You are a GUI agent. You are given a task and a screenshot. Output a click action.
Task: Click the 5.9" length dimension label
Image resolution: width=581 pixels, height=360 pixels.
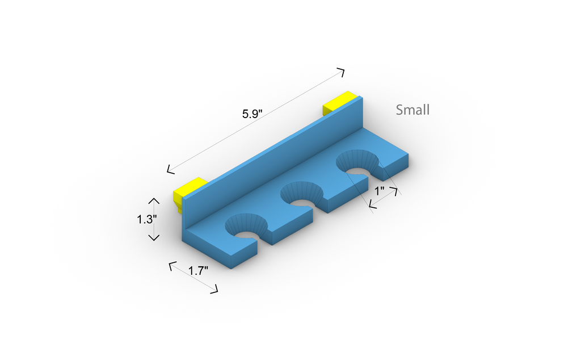(x=252, y=114)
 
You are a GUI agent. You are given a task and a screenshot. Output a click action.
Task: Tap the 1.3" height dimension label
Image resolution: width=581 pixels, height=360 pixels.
(x=147, y=220)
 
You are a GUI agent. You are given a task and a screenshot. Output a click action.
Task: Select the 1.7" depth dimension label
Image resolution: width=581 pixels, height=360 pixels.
(x=198, y=271)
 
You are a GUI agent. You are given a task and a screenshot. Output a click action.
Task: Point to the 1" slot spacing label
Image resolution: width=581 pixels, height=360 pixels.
(x=380, y=191)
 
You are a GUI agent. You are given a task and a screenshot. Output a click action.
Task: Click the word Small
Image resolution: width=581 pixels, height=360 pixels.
(x=413, y=110)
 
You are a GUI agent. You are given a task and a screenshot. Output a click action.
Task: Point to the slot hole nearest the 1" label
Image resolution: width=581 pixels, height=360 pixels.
(x=357, y=164)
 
